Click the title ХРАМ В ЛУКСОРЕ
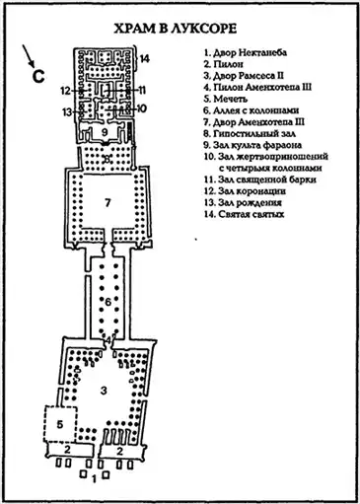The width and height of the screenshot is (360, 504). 176,29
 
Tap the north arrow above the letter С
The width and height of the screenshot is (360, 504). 29,55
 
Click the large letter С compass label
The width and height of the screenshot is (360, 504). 38,77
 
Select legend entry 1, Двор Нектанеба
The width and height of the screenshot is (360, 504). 246,52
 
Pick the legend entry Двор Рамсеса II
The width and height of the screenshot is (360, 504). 244,76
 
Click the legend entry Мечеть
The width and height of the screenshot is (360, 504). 226,99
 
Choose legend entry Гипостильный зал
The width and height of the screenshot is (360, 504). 250,133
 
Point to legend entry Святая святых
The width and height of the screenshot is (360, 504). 244,214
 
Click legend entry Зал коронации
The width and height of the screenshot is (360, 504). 245,191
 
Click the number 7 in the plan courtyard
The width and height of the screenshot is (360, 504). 108,203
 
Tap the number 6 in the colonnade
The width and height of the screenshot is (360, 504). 108,301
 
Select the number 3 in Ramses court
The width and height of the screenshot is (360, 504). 104,391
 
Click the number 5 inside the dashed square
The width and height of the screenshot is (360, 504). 59,424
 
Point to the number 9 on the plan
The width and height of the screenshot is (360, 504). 105,132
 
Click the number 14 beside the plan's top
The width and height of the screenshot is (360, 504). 145,59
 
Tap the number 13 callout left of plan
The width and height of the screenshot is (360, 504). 67,112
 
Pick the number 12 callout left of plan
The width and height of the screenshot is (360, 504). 66,90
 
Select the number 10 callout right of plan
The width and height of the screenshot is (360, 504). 141,108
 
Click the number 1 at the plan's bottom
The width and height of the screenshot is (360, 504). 94,479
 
